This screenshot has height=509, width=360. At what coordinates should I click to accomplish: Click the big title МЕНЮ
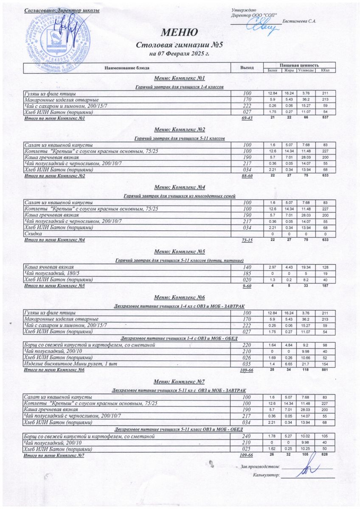pyautogui.click(x=179, y=33)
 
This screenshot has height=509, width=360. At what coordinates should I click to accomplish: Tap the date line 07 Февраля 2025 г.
pyautogui.click(x=179, y=54)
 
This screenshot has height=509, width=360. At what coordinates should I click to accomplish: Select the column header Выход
pyautogui.click(x=247, y=68)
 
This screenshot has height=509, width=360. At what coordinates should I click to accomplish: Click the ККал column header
pyautogui.click(x=326, y=70)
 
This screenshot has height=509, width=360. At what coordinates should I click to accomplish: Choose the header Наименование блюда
pyautogui.click(x=125, y=68)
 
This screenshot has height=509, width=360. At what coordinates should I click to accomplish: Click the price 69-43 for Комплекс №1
pyautogui.click(x=247, y=119)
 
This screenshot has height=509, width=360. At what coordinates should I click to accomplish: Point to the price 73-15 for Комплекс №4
pyautogui.click(x=247, y=241)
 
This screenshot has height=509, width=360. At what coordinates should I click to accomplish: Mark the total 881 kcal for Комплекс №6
pyautogui.click(x=326, y=369)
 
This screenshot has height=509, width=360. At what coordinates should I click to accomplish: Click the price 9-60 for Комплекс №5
pyautogui.click(x=247, y=286)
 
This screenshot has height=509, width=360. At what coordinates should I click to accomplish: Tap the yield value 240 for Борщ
pyautogui.click(x=247, y=436)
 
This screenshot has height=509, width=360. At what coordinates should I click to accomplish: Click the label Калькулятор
pyautogui.click(x=266, y=475)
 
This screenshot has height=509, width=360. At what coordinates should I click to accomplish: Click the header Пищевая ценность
pyautogui.click(x=299, y=65)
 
